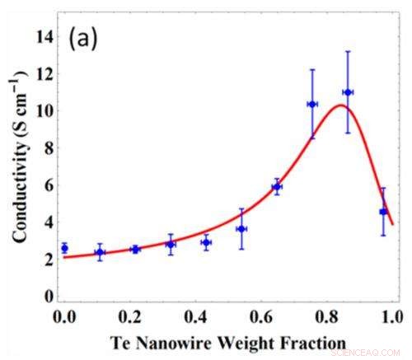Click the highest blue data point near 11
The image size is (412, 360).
(348, 92)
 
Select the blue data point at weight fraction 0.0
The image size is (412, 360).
(64, 248)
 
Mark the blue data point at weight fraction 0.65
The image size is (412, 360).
(277, 187)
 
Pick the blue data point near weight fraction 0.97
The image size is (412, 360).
(383, 212)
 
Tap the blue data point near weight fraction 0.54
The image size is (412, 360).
(241, 229)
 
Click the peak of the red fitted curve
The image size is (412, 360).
(340, 105)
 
